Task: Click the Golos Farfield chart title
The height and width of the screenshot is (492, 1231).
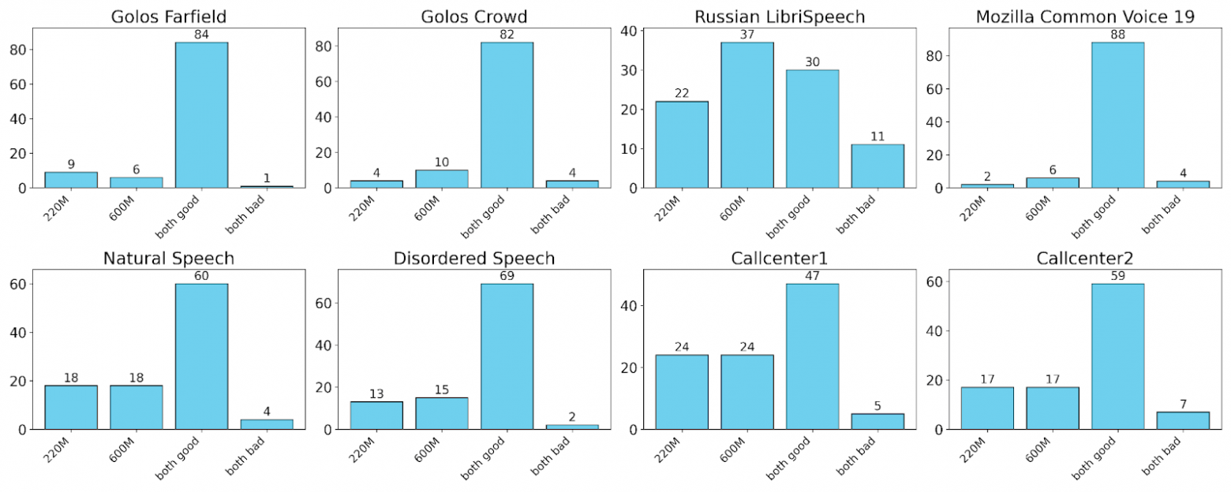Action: coord(168,16)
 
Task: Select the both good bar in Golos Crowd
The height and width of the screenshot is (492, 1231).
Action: coord(507,115)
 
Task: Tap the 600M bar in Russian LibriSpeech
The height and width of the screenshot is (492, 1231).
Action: coord(746,115)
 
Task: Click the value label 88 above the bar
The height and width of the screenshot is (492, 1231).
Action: coord(1117,35)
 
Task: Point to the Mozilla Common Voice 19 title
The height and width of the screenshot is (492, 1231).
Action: coord(1085,16)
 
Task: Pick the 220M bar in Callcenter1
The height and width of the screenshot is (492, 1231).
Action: coord(681,392)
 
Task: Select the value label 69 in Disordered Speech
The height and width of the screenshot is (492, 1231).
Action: coord(507,277)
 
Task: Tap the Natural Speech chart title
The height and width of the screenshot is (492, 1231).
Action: coord(168,258)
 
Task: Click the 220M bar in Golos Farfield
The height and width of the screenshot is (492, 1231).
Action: coord(71,180)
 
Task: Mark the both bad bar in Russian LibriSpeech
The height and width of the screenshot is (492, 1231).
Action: coord(877,166)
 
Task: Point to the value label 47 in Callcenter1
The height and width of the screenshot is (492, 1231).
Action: coord(812,277)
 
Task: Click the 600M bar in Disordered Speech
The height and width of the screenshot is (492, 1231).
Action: coord(441,413)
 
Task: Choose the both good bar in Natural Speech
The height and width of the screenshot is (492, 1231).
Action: coord(201,356)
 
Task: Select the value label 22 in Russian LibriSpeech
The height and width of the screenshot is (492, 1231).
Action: coord(681,94)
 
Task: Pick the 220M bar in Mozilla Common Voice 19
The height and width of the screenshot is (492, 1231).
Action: coord(986,186)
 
